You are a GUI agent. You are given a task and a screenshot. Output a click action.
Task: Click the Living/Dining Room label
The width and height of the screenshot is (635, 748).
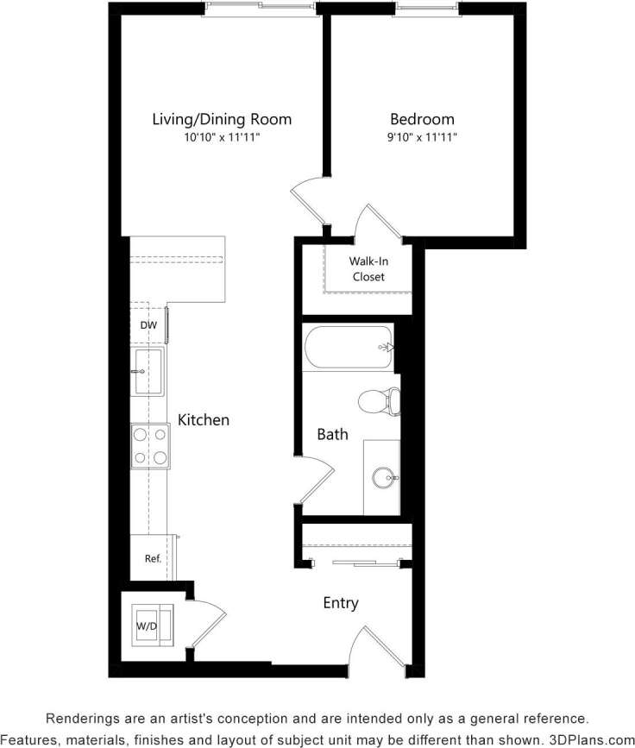pos(222,119)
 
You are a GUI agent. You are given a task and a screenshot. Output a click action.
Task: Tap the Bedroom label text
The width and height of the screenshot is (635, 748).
pos(422,119)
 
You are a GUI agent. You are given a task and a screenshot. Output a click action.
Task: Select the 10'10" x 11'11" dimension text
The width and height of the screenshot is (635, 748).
pos(222,137)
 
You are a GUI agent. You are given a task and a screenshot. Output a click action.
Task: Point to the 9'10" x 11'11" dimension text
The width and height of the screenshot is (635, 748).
pos(422,137)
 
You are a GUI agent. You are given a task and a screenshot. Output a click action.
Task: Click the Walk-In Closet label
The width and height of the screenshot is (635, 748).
pos(368,268)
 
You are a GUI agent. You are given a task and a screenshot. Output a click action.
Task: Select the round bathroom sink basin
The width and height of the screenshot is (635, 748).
pos(383,477)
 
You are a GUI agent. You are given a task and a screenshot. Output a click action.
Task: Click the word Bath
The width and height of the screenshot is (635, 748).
pos(332,434)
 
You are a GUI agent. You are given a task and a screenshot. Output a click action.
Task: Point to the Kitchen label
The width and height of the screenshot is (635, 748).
pos(204,420)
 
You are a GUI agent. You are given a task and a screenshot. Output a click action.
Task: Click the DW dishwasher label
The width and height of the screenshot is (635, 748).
pos(148,325)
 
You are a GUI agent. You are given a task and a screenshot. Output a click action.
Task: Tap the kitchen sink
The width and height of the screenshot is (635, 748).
pos(148,371)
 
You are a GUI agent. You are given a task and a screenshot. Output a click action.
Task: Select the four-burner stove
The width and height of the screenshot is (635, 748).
pos(150,446)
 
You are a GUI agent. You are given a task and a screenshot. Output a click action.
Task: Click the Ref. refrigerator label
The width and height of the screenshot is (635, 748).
pos(153,558)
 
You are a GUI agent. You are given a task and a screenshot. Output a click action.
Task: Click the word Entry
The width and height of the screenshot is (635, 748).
pos(340,603)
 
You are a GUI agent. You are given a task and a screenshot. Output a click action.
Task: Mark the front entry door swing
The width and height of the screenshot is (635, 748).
pos(380,647)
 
